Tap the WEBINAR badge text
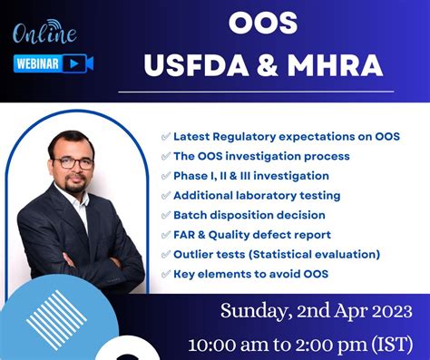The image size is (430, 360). point(38,63)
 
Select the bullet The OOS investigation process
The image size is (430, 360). point(261,156)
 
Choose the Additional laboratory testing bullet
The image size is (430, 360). point(257,195)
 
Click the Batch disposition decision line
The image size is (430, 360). point(249,215)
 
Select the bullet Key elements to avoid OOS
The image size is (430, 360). point(250,273)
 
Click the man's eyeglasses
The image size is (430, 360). point(74,162)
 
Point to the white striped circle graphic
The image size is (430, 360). point(54,314)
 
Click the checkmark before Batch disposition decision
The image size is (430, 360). point(165,215)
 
